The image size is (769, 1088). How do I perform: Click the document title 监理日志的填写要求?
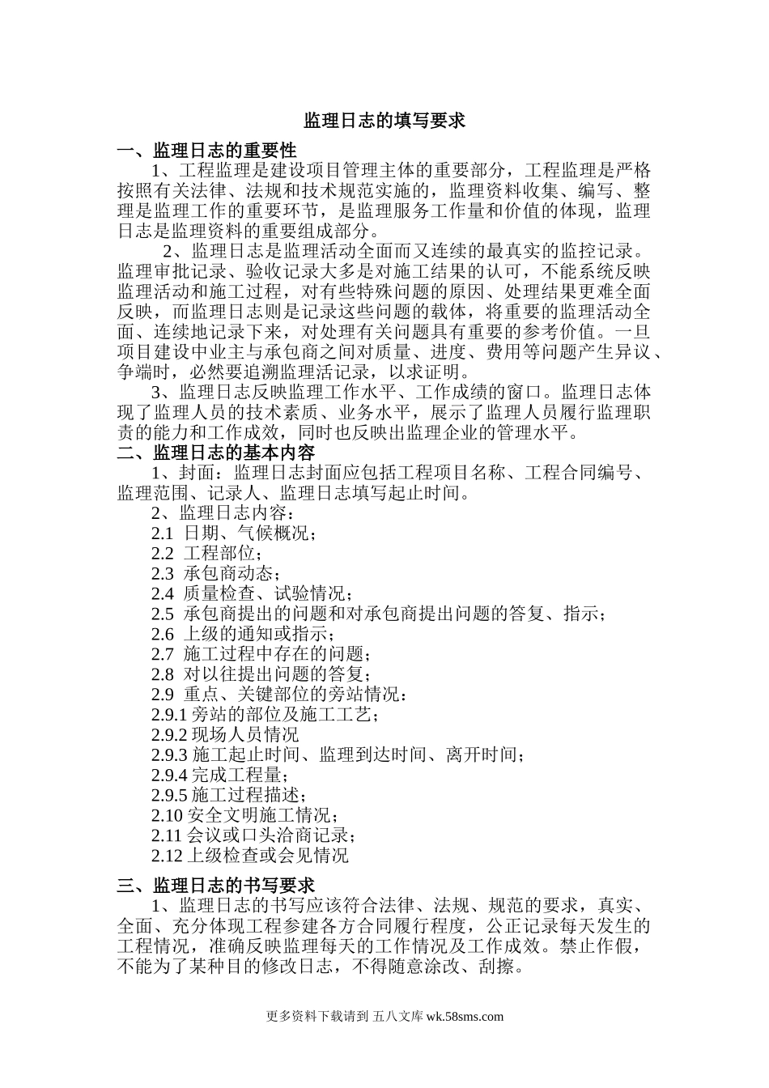(x=384, y=121)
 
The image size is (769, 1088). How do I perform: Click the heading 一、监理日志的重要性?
(x=206, y=151)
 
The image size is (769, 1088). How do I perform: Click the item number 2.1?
(x=162, y=533)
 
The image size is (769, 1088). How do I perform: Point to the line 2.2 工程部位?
(x=206, y=554)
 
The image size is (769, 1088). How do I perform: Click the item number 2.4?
(x=162, y=594)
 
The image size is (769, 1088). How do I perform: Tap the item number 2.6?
(x=162, y=634)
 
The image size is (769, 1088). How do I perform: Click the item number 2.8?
(x=162, y=674)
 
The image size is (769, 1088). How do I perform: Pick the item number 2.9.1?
(x=168, y=715)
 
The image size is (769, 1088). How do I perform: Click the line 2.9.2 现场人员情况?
(x=224, y=735)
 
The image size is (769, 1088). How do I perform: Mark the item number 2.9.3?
(x=168, y=755)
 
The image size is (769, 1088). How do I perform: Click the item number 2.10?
(x=167, y=815)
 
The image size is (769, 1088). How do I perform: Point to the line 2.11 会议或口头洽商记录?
(x=253, y=835)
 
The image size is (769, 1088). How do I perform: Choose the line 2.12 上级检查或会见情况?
(x=249, y=856)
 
